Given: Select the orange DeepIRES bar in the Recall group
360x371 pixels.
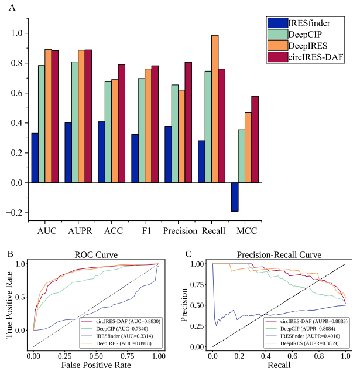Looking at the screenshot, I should (x=215, y=109).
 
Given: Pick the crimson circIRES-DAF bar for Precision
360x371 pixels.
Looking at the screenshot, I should (x=188, y=122).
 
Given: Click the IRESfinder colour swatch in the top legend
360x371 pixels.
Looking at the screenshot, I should (x=277, y=23).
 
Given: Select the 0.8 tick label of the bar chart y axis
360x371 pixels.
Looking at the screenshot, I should (x=18, y=63).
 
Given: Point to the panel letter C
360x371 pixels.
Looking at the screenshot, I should (x=188, y=254).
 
